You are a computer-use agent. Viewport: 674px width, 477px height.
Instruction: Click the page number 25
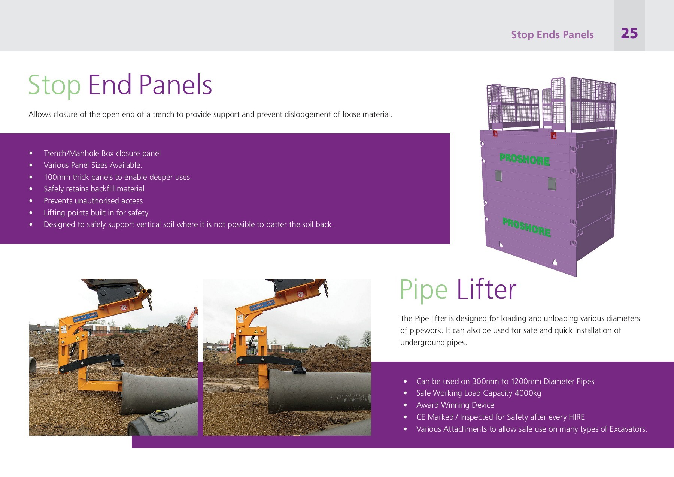[x=629, y=34]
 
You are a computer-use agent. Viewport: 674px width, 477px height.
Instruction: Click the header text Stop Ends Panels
[x=552, y=35]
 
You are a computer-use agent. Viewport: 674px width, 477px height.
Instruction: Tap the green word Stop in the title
[x=54, y=85]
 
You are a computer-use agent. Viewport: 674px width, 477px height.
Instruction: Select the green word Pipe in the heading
[x=423, y=290]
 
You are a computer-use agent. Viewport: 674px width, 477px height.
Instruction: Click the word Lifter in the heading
[x=486, y=290]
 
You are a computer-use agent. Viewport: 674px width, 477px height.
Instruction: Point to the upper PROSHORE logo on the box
[x=525, y=159]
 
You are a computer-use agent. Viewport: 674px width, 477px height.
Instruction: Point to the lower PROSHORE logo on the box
[x=526, y=227]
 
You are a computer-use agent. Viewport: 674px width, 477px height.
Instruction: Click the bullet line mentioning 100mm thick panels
[x=118, y=177]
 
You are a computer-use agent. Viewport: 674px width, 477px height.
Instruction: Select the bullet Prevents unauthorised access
[x=93, y=201]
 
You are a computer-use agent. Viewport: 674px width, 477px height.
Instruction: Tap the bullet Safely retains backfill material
[x=94, y=189]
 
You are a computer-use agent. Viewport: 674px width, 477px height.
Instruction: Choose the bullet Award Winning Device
[x=455, y=405]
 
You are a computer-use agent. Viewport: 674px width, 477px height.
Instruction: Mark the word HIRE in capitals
[x=576, y=417]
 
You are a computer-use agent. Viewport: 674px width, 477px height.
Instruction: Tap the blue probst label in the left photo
[x=85, y=317]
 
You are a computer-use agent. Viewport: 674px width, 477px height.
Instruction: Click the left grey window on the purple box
[x=498, y=176]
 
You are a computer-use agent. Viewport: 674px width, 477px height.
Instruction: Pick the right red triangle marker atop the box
[x=553, y=135]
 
